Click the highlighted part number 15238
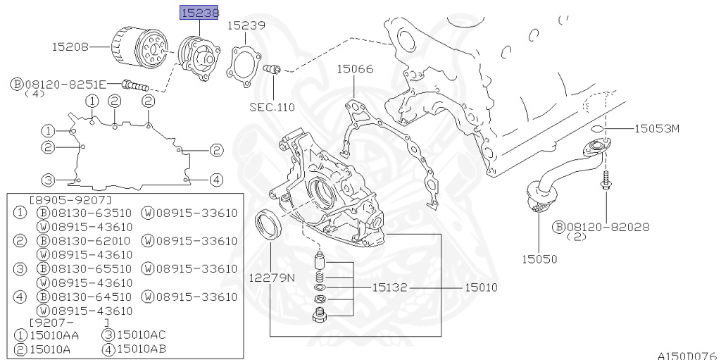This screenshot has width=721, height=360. pyautogui.click(x=200, y=13)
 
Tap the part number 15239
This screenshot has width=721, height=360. pyautogui.click(x=246, y=25)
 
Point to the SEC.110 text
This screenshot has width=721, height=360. pyautogui.click(x=272, y=107)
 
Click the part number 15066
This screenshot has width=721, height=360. pyautogui.click(x=355, y=69)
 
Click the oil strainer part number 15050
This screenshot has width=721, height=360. pyautogui.click(x=539, y=259)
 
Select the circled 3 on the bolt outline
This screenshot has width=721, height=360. pyautogui.click(x=47, y=179)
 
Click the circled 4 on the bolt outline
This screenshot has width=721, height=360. pyautogui.click(x=216, y=180)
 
